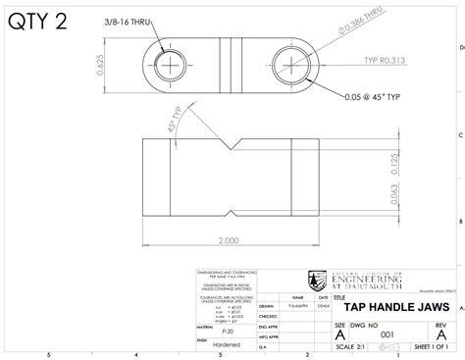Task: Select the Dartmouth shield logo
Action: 317,281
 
